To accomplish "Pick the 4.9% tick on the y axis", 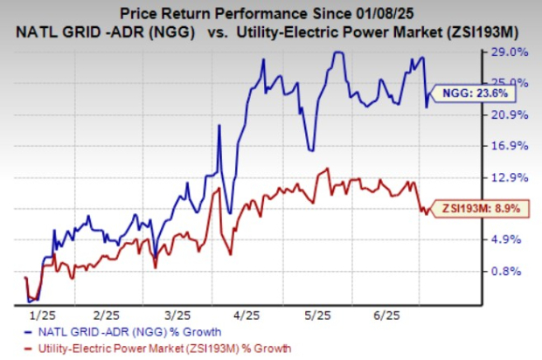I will pyautogui.click(x=510, y=239).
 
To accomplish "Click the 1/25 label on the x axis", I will pyautogui.click(x=42, y=313).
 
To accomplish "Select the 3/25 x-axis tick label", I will pyautogui.click(x=177, y=313).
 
